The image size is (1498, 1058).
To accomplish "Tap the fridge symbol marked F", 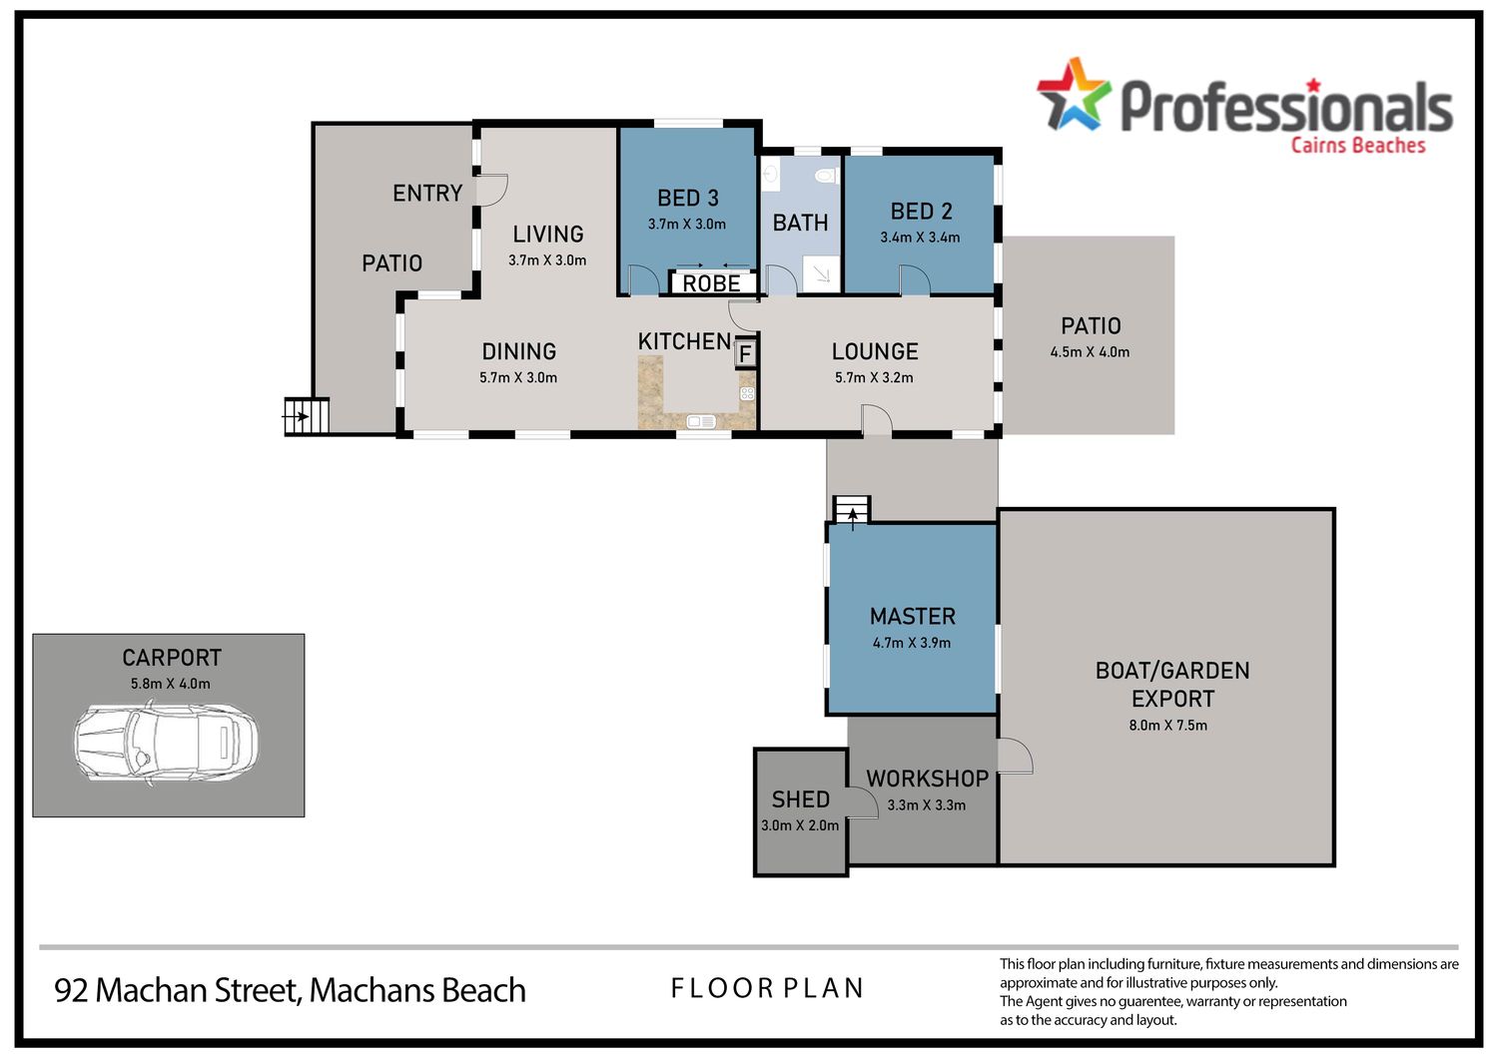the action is point(746,353).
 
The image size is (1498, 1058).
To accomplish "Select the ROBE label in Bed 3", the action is point(711,283).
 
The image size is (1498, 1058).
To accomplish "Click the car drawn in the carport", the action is point(166,742).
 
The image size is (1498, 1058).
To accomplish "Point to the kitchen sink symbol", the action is point(701,421).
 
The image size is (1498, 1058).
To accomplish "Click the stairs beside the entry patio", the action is point(307,416).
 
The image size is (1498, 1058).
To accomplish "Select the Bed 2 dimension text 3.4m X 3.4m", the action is point(920,238).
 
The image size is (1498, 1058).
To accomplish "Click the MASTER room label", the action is point(912,616).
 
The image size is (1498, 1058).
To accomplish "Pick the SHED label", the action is point(801,799).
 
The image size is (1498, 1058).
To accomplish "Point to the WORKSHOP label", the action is point(927,779).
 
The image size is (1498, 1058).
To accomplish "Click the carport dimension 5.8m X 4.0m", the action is point(171,684).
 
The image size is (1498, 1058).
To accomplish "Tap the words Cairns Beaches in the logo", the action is point(1357,146).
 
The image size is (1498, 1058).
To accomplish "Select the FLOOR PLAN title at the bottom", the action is point(767,988).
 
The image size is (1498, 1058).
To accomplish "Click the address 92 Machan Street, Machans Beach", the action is point(290,990).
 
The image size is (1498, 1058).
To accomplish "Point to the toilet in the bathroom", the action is point(827,177).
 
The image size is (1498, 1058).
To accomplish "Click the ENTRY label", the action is point(427,194).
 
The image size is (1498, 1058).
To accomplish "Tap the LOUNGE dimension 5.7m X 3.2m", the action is point(874,377).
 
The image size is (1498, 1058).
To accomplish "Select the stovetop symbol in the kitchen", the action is point(747,393).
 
